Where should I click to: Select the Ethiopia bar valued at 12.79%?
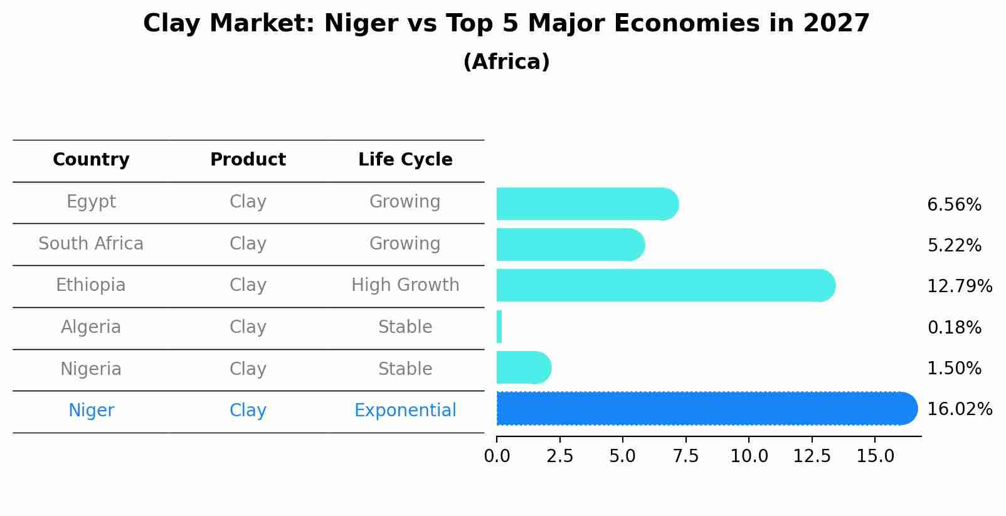coord(665,285)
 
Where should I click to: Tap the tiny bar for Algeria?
coord(499,327)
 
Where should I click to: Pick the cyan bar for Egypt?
coord(586,204)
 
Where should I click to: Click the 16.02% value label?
coord(959,409)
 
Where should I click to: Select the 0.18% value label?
coord(954,327)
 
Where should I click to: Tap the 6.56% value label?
coord(954,205)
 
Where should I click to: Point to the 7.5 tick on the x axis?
coord(686,456)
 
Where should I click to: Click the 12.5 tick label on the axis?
coord(812,456)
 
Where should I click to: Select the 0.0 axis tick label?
coord(497,456)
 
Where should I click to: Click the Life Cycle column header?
coord(405,160)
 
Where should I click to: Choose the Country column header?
coord(91,160)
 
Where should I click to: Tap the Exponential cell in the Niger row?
coord(405,411)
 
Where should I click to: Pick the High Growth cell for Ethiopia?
coord(405,285)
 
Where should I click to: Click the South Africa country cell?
coord(91,243)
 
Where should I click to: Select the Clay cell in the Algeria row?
coord(248,327)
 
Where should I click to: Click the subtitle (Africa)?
coord(506,62)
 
